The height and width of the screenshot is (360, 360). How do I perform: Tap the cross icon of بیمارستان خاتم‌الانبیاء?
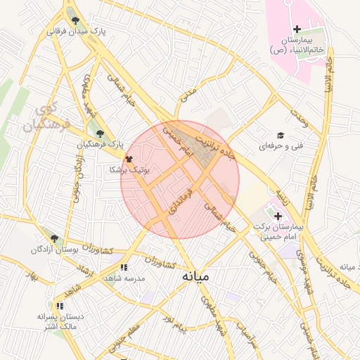click(297, 29)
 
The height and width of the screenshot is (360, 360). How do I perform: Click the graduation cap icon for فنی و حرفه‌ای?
click(280, 135)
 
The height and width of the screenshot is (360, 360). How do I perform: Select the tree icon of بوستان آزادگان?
click(54, 238)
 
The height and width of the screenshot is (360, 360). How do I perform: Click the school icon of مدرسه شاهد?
click(124, 267)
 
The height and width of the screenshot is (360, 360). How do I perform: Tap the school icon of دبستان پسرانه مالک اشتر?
click(60, 306)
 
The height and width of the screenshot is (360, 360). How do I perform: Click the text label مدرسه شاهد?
click(124, 278)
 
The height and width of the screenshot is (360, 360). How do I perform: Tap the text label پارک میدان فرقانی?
click(76, 32)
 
